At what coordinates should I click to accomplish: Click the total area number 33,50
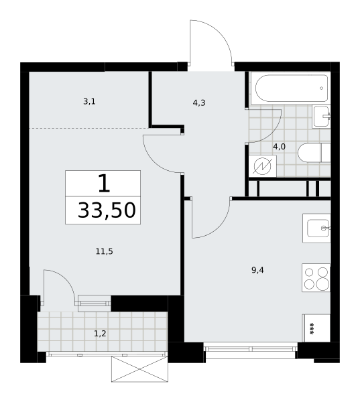107,210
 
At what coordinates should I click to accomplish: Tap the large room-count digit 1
104,183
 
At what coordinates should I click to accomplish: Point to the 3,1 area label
89,102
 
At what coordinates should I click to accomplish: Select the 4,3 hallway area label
199,103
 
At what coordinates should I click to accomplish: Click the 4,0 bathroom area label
279,147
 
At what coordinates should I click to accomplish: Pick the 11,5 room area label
104,251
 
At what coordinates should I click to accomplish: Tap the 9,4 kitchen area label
257,270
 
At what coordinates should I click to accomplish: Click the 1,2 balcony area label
100,334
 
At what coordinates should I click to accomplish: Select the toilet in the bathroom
314,153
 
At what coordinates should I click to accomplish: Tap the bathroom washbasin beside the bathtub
321,117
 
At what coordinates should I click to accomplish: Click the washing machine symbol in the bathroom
262,166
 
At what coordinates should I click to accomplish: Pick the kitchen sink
316,228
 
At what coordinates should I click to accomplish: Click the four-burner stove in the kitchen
316,277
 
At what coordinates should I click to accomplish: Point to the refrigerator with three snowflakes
316,328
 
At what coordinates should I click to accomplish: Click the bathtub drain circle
322,88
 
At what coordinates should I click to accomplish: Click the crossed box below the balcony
140,369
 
